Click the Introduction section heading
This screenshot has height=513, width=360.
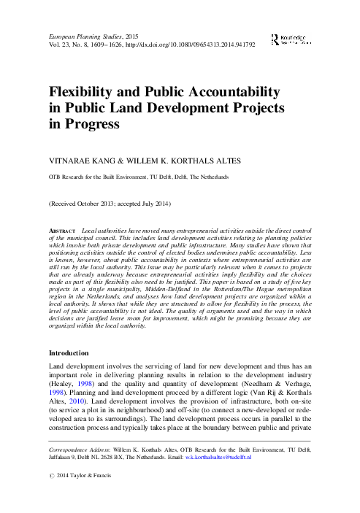click(76, 352)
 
